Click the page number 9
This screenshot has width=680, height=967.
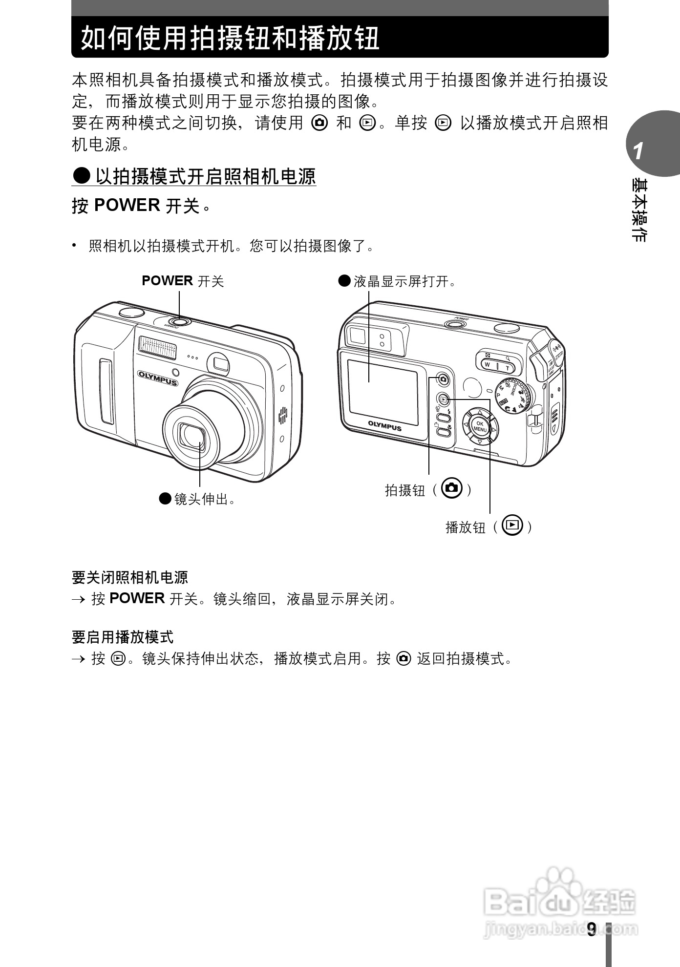click(x=592, y=929)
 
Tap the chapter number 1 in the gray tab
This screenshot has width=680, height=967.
click(x=638, y=151)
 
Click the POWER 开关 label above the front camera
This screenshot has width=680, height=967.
click(x=183, y=281)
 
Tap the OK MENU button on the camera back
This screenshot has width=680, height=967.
click(x=480, y=427)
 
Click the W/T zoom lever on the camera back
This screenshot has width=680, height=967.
click(x=497, y=364)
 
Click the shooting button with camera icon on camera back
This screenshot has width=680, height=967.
click(x=443, y=378)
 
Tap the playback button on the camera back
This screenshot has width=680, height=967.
click(x=443, y=399)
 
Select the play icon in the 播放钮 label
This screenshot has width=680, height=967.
click(x=512, y=526)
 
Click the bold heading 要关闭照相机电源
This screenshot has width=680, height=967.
click(x=130, y=577)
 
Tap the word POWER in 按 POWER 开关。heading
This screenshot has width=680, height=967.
click(x=127, y=205)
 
